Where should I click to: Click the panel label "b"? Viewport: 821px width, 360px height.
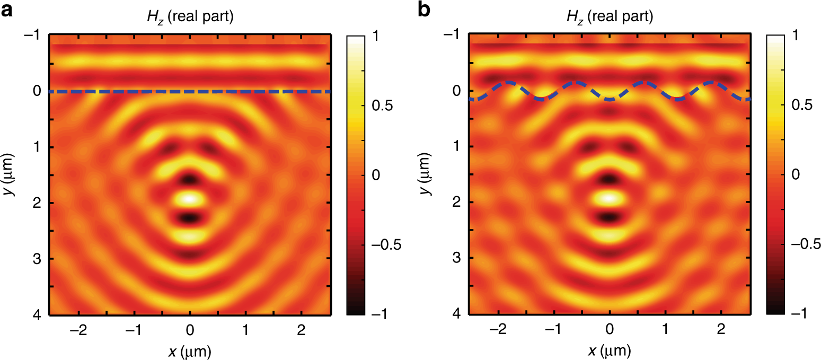(x=426, y=11)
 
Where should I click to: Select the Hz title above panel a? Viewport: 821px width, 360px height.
(x=189, y=17)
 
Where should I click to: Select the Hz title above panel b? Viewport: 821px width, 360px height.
(x=609, y=17)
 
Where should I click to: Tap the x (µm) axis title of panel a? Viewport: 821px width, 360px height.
(x=190, y=350)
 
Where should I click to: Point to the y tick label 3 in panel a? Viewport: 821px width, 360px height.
(x=37, y=259)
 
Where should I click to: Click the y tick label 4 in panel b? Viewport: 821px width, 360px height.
(x=456, y=315)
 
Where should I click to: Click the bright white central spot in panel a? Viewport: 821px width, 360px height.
(x=189, y=199)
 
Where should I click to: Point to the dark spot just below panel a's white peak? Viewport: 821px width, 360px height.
(x=189, y=218)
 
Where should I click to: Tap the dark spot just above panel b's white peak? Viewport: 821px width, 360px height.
(x=609, y=179)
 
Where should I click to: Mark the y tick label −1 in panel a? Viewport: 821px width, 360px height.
(x=33, y=35)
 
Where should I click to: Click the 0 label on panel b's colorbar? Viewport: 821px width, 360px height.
(x=795, y=175)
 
